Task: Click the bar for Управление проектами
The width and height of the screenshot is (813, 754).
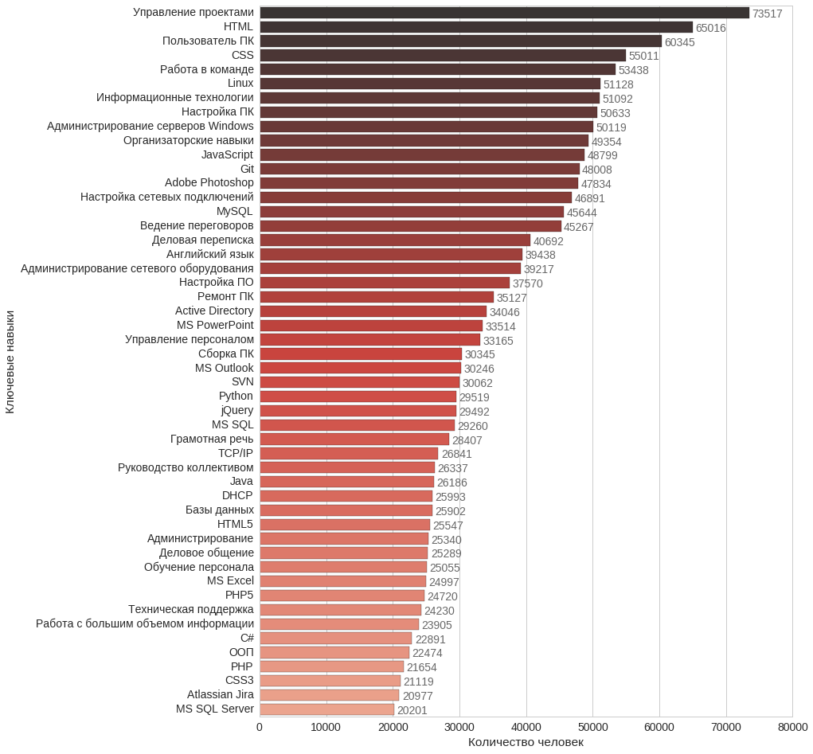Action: tap(504, 13)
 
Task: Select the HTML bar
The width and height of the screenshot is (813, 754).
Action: tap(476, 27)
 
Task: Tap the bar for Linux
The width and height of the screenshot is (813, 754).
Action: tap(430, 84)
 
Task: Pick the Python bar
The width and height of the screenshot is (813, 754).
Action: tap(358, 397)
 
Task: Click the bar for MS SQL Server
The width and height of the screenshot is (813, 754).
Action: tap(326, 709)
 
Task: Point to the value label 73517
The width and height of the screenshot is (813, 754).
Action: tap(768, 14)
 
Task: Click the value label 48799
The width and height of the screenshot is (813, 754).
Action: tap(603, 155)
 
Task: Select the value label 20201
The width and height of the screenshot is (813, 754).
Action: tap(412, 710)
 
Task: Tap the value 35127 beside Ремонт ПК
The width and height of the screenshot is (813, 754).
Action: tap(512, 298)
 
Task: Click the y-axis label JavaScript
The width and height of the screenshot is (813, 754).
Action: tap(227, 154)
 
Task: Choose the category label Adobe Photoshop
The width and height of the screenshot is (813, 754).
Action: tap(209, 183)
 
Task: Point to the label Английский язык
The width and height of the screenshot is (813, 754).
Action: tap(210, 254)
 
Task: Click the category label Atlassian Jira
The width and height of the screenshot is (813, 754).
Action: tap(221, 695)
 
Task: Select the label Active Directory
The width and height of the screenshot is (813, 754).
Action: tap(214, 311)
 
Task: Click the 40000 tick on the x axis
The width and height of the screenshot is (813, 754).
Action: tap(526, 727)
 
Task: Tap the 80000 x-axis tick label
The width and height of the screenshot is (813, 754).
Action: tap(792, 727)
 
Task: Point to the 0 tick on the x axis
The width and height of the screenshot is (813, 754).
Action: tap(260, 727)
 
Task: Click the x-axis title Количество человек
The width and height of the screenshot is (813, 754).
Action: tap(526, 742)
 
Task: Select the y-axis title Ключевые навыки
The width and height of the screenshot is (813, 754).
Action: tap(10, 361)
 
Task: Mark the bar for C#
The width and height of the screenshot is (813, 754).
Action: tap(335, 639)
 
